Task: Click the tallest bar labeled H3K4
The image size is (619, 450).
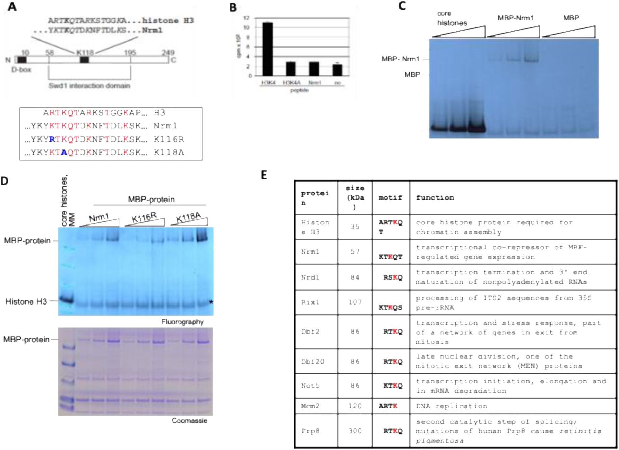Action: click(x=267, y=49)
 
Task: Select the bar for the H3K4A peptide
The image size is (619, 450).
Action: click(x=290, y=69)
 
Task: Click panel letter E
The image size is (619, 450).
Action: click(x=264, y=175)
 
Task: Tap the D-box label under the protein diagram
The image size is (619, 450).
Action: click(x=21, y=70)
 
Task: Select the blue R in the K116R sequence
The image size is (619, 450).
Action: click(x=52, y=139)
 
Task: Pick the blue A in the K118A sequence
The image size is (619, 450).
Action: click(x=64, y=152)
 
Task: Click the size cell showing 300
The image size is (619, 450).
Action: click(x=355, y=431)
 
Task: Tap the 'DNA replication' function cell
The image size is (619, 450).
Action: click(x=451, y=406)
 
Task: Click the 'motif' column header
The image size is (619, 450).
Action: click(x=390, y=197)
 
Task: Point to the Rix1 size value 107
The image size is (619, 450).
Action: click(x=355, y=302)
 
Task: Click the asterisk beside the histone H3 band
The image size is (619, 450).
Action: click(x=211, y=302)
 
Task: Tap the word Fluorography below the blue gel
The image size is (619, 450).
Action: click(x=182, y=322)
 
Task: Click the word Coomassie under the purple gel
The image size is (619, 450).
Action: click(x=189, y=420)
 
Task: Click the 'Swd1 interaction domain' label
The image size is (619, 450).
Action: click(x=89, y=86)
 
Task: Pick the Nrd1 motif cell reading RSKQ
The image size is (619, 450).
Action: click(x=392, y=277)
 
